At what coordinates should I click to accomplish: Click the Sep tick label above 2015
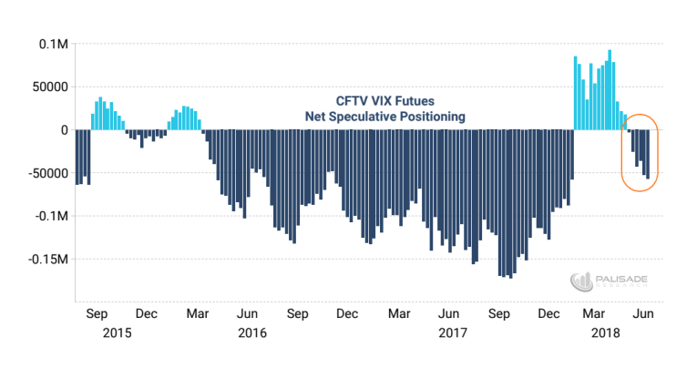tap(97, 314)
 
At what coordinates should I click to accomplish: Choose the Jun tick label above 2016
tap(246, 314)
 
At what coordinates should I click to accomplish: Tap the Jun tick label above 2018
tap(642, 314)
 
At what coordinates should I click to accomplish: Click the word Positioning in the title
tap(432, 117)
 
